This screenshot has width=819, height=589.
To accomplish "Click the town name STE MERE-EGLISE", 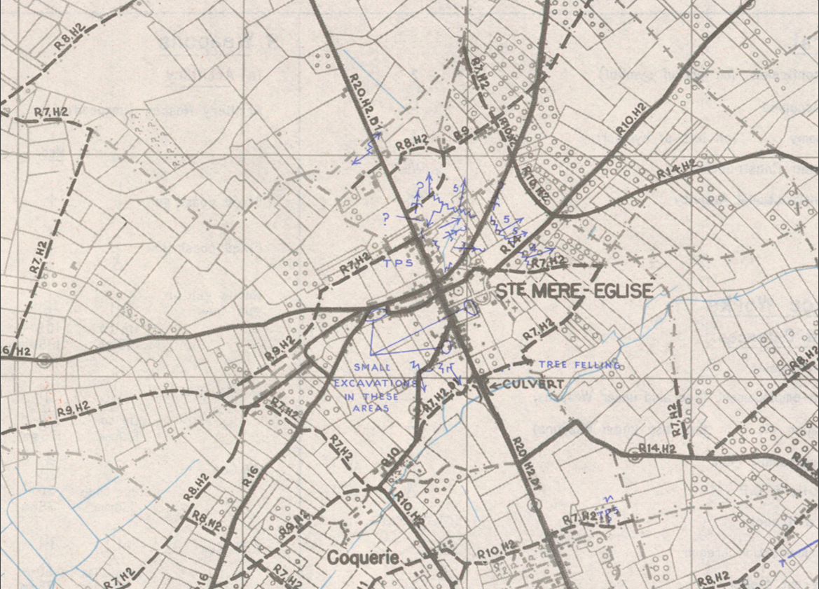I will click(574, 291).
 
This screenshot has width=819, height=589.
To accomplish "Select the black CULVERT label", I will click(533, 384).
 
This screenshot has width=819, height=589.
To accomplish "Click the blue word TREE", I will click(552, 364).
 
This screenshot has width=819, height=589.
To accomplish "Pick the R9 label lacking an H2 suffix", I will click(460, 133).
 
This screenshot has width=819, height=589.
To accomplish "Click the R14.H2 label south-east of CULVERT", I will click(656, 448).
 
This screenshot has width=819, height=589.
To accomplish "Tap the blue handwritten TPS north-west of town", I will click(398, 263).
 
